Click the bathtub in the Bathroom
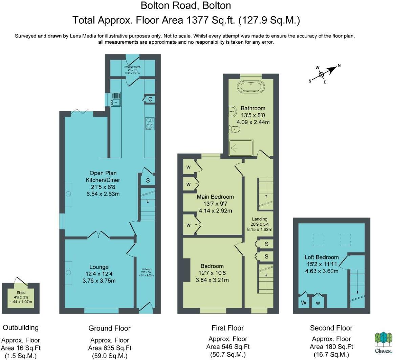(x=251, y=86)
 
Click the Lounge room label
(x=99, y=267)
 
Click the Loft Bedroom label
(x=321, y=257)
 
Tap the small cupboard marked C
(x=150, y=99)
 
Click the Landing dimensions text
(x=259, y=227)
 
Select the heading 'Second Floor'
(x=331, y=328)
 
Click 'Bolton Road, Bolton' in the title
(x=186, y=6)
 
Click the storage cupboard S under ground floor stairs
(x=148, y=180)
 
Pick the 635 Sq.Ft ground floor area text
(x=109, y=348)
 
